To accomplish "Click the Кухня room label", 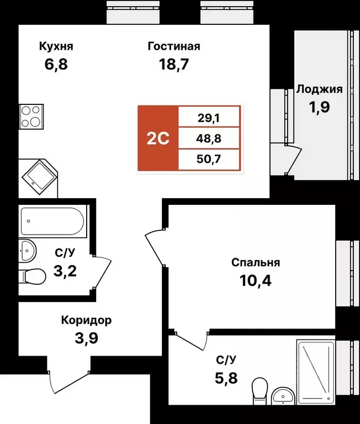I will pos(56,46).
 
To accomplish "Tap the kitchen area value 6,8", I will pos(56,65).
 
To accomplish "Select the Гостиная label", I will pos(173,46).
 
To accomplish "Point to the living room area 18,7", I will pos(173,65).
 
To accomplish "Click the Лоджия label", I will pos(320,89).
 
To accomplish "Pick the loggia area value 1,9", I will pos(320,107).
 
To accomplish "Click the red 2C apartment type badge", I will pos(158,138).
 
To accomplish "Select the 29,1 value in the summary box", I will pos(209,117).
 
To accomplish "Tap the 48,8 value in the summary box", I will pos(209,138).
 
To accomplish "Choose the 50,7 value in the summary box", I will pos(209,160).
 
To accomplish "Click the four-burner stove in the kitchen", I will pos(31,116).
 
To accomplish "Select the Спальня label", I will pos(256,263).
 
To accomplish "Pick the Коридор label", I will pos(86,320).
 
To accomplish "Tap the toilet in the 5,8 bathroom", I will pos(258,390).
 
